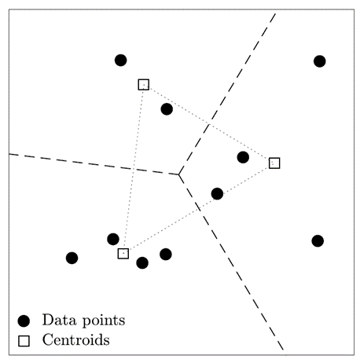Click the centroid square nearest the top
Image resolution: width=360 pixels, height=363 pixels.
pos(144,85)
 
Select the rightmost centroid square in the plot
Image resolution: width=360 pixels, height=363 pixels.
pos(274,163)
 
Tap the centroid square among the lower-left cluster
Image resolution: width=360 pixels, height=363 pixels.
pos(123,254)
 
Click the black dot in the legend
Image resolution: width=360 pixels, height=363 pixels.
pos(24,321)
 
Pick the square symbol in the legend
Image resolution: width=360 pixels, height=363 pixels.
pos(24,341)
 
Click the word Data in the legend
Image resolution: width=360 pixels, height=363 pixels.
pos(60,320)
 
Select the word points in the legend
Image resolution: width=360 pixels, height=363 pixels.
pos(104,321)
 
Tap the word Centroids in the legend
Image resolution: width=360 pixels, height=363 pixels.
pos(76,339)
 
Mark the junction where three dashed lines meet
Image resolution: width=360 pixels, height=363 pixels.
pos(178,174)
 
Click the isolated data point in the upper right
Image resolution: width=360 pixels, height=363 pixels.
pos(320,61)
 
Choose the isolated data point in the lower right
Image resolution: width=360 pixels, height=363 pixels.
pos(318,241)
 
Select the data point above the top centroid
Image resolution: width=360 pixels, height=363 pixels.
pos(121,60)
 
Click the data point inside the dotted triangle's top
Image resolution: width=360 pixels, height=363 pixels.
pos(167,109)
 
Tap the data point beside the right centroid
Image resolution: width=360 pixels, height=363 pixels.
pos(243,157)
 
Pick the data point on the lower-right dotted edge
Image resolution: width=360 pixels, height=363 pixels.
pos(217,194)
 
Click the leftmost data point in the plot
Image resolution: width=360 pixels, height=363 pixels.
pos(72,258)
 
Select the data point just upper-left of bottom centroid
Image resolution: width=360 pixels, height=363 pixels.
pos(113,239)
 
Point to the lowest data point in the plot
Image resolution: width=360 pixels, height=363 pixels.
pos(142,262)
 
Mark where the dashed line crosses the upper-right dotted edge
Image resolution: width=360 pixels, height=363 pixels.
pos(209,124)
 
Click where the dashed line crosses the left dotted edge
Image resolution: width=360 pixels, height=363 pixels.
pos(134,169)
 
